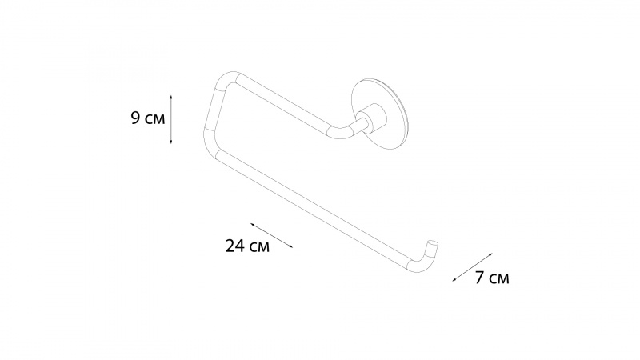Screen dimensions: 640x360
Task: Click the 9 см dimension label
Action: (148, 118)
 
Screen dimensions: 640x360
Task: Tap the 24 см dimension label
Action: (247, 246)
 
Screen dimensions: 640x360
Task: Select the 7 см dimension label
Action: (492, 278)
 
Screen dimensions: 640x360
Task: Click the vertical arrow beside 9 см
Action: (171, 119)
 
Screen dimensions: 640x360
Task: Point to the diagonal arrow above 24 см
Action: (272, 235)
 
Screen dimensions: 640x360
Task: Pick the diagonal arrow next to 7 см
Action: (473, 267)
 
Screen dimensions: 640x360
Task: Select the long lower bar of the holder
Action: (314, 203)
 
